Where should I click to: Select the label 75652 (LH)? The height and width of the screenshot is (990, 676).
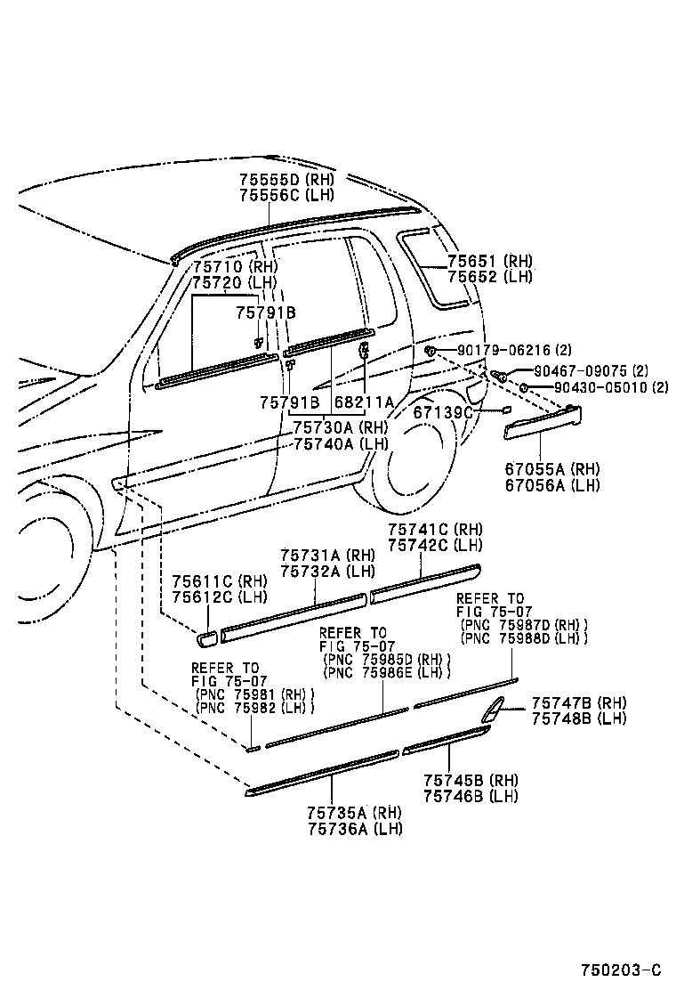click(489, 276)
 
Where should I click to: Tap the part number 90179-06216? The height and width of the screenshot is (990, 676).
click(503, 351)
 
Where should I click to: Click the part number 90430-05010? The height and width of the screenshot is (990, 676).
click(601, 387)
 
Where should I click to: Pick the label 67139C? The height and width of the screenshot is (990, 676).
click(442, 412)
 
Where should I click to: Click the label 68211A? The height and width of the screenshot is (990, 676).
click(364, 403)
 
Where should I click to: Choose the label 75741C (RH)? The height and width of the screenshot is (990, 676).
click(435, 529)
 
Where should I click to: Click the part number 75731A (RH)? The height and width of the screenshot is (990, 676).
click(328, 555)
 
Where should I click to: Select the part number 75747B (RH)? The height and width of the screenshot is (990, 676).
click(579, 702)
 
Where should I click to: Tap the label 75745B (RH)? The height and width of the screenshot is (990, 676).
click(471, 781)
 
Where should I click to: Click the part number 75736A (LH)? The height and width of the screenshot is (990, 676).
click(355, 828)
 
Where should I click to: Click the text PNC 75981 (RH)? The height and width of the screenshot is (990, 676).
click(257, 694)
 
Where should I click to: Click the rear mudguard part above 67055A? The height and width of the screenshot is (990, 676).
click(542, 422)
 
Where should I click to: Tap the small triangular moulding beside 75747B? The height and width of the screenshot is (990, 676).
click(492, 710)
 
